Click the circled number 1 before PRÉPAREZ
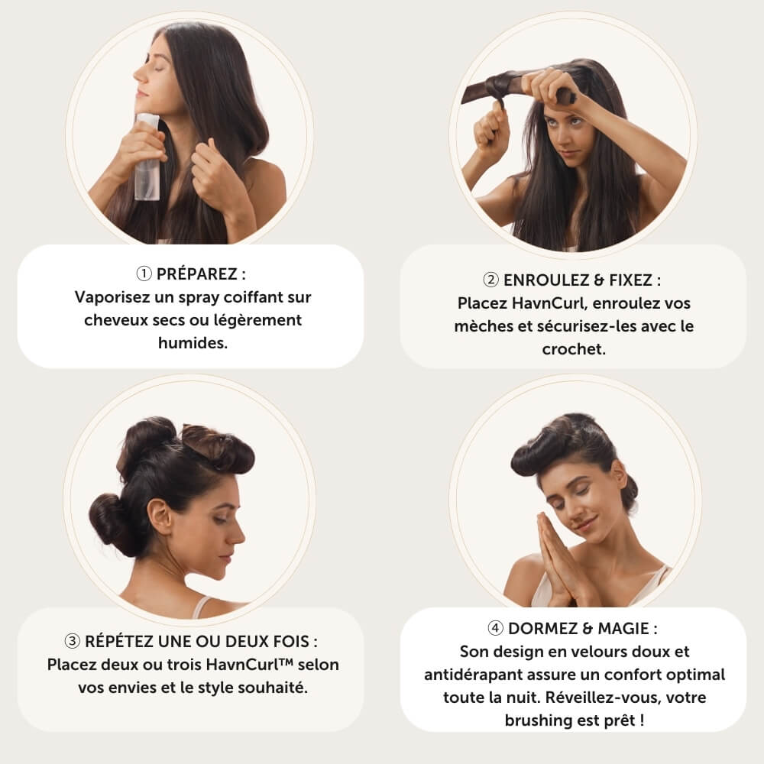[x=144, y=274]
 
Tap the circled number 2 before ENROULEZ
[x=490, y=280]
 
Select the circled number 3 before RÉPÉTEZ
[x=72, y=641]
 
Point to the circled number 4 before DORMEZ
[x=496, y=628]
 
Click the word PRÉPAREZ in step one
[x=197, y=274]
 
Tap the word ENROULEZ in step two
[x=546, y=280]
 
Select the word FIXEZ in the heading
[x=630, y=280]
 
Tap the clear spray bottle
[x=147, y=157]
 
